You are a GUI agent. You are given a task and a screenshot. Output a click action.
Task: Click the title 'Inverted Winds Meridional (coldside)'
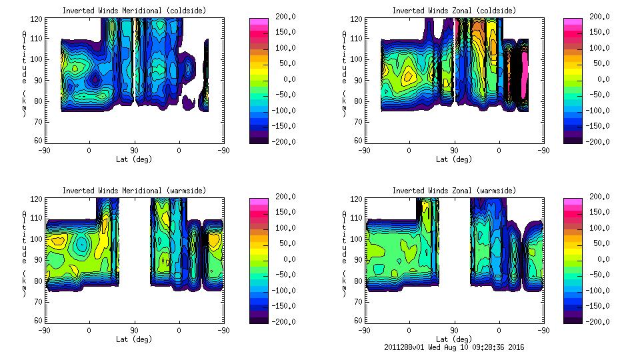pyautogui.click(x=134, y=11)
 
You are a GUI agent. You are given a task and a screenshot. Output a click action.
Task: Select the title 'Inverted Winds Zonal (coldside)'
pyautogui.click(x=454, y=11)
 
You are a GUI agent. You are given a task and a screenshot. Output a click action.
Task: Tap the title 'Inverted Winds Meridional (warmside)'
pyautogui.click(x=134, y=191)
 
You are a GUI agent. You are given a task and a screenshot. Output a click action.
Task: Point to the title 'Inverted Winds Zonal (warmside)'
pyautogui.click(x=454, y=191)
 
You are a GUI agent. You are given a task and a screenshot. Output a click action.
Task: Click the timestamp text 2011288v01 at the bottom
pyautogui.click(x=405, y=347)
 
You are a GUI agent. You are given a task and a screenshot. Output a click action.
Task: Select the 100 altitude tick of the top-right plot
pyautogui.click(x=357, y=59)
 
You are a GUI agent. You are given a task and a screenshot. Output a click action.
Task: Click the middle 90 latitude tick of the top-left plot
pyautogui.click(x=134, y=151)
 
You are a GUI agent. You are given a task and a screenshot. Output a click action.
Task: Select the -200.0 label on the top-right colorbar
pyautogui.click(x=595, y=141)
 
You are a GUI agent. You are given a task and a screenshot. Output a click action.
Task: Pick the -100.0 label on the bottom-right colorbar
pyautogui.click(x=595, y=290)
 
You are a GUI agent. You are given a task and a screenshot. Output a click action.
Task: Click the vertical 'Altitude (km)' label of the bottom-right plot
pyautogui.click(x=345, y=253)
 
